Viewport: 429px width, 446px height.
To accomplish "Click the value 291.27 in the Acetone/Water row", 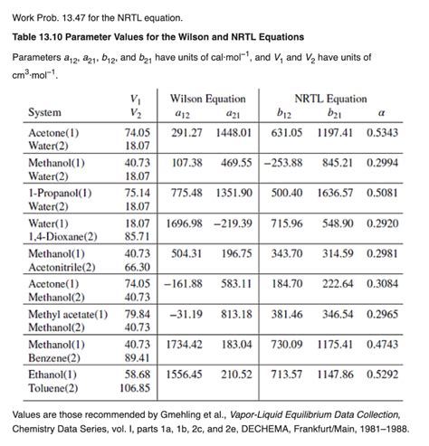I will [189, 132].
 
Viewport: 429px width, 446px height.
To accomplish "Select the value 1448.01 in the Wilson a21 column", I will [234, 132].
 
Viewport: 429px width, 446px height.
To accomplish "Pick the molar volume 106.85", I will [136, 389].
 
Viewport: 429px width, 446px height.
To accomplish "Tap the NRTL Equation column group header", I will [330, 98].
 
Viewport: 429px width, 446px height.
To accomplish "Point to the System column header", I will [45, 112].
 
